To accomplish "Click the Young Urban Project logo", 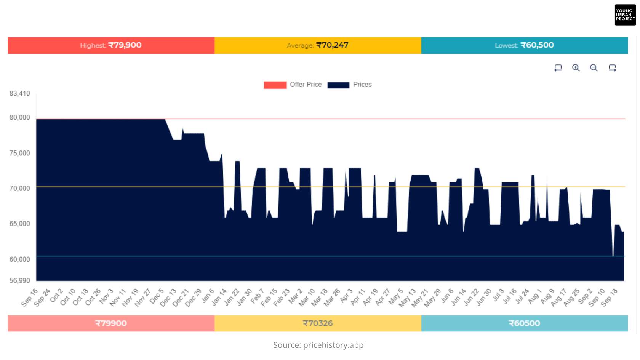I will click(x=625, y=15).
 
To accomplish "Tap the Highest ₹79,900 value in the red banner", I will click(x=111, y=45).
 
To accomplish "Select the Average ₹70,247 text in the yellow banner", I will click(x=317, y=45).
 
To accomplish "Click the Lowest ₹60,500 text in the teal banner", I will click(x=524, y=45).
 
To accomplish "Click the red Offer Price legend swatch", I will click(x=275, y=85).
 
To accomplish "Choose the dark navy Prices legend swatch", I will click(x=338, y=85).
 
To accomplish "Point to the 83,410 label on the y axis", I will click(x=20, y=94).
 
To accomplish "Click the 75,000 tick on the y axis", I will click(x=20, y=153).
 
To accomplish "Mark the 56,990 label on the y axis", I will click(x=20, y=281).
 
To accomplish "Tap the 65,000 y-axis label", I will click(x=20, y=224).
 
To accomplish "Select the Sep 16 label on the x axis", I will click(x=30, y=297).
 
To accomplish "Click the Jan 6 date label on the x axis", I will click(x=208, y=296).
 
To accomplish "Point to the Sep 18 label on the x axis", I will click(x=609, y=297).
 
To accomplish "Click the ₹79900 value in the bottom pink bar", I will click(x=111, y=323).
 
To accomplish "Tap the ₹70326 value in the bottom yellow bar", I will click(x=317, y=323).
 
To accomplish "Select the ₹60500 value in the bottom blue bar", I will click(x=524, y=323).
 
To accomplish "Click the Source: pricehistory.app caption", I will click(x=318, y=345).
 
